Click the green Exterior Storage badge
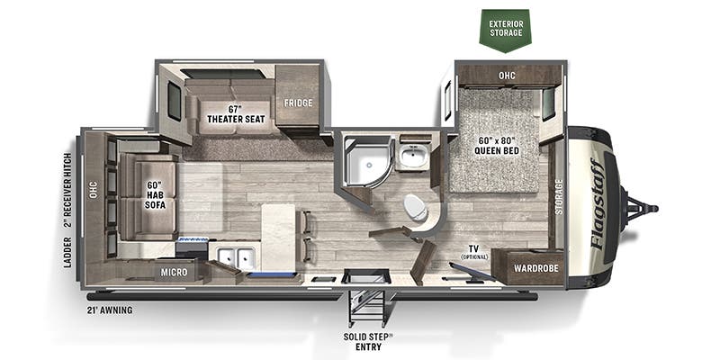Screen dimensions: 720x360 pyautogui.click(x=506, y=31)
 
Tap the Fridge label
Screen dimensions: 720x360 pyautogui.click(x=298, y=103)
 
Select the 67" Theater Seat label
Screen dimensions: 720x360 pyautogui.click(x=236, y=114)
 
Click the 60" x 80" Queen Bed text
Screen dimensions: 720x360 pyautogui.click(x=498, y=145)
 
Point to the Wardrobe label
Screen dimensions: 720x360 pyautogui.click(x=535, y=268)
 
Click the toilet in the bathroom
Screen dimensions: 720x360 pyautogui.click(x=417, y=208)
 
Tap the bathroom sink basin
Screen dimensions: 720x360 pyautogui.click(x=413, y=157)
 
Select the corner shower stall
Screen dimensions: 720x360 pyautogui.click(x=367, y=162)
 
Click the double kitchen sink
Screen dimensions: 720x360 pyautogui.click(x=236, y=258)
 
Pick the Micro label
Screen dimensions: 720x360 pyautogui.click(x=174, y=273)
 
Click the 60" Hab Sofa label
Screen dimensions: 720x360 pyautogui.click(x=155, y=195)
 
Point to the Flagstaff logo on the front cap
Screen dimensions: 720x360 pyautogui.click(x=598, y=204)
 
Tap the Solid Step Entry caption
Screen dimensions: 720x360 pyautogui.click(x=368, y=342)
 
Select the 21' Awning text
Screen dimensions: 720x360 pyautogui.click(x=110, y=310)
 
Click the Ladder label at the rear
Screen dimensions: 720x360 pyautogui.click(x=68, y=252)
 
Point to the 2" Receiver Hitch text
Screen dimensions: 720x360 pyautogui.click(x=68, y=190)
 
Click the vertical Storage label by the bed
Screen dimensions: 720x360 pyautogui.click(x=558, y=197)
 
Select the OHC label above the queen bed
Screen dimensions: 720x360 pyautogui.click(x=507, y=76)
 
